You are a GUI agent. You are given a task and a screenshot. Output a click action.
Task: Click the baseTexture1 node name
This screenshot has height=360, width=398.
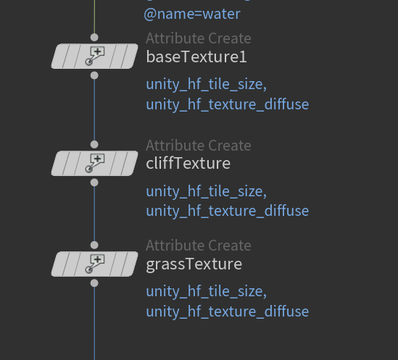point(196,56)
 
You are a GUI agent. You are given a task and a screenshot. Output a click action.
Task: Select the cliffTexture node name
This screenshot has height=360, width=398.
point(188,163)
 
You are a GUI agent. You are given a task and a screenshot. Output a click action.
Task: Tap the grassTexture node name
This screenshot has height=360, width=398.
point(194,264)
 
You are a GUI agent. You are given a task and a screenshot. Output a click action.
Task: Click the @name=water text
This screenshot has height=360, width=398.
point(192,14)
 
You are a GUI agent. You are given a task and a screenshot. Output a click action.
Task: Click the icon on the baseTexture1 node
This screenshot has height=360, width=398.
point(95,56)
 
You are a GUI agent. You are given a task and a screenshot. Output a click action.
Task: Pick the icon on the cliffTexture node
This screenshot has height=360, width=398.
point(95,163)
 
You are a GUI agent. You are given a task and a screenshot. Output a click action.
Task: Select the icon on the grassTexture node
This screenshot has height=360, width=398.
point(95,264)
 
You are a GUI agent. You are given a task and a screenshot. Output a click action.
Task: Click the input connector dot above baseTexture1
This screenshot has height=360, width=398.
point(94,37)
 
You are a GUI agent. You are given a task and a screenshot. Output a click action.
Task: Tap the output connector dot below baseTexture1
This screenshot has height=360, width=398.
point(94,75)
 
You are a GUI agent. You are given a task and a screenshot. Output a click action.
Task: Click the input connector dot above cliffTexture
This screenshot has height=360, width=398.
point(94,144)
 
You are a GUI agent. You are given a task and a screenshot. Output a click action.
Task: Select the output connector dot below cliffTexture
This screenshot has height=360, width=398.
point(94,183)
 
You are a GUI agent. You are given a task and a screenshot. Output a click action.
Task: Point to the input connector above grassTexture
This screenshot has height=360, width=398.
point(94,245)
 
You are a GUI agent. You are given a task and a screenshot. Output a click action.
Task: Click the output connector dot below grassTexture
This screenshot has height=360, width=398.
point(94,283)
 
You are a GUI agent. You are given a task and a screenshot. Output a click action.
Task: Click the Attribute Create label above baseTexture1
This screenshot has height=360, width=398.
point(199,38)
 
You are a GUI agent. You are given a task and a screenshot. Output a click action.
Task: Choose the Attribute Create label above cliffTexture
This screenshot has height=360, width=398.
point(199,146)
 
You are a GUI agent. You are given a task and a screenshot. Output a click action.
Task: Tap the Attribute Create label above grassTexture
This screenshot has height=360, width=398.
point(199,246)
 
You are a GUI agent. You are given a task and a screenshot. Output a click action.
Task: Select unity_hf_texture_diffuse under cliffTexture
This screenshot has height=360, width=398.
point(228,212)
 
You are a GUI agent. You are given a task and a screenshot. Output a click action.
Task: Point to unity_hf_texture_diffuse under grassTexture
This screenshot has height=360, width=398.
point(228,312)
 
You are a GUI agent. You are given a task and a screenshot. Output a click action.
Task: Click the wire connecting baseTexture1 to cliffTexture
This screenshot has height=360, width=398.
point(94,110)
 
